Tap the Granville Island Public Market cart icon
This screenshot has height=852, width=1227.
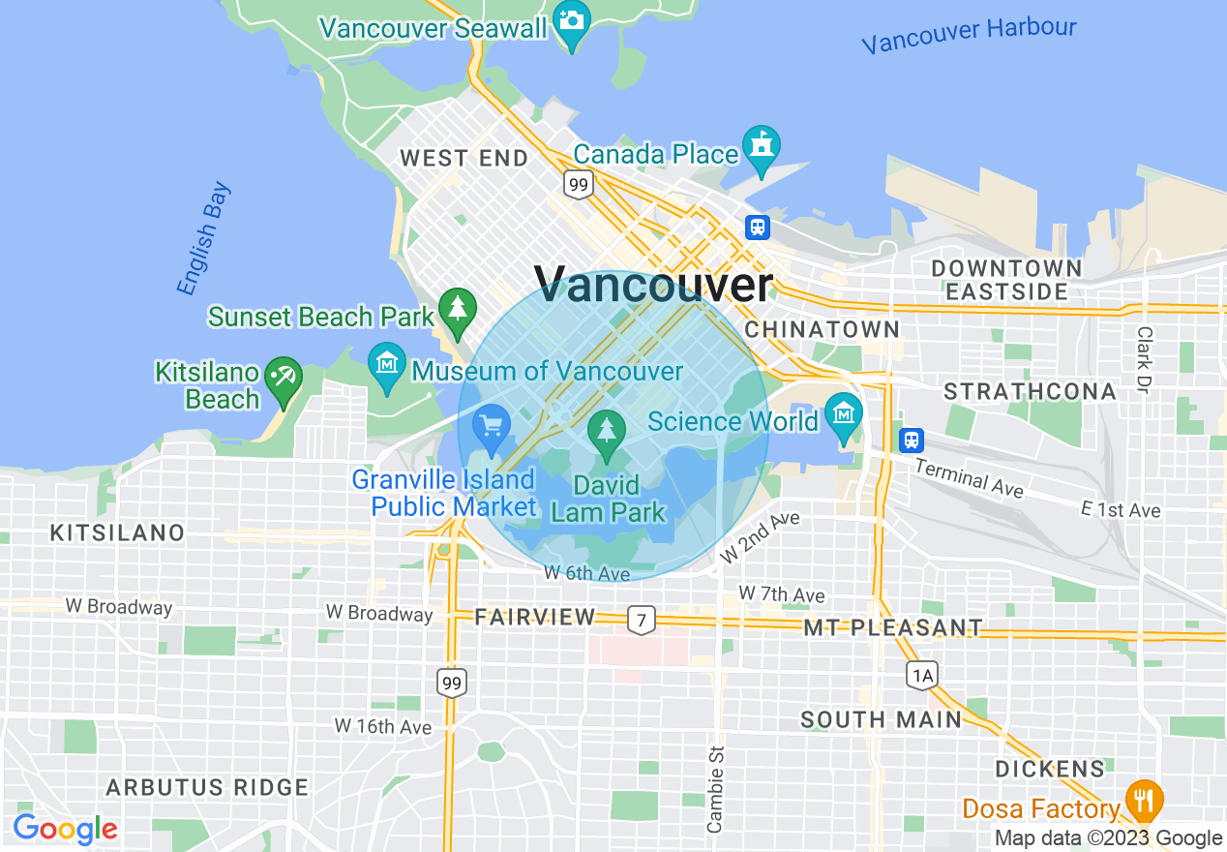(492, 426)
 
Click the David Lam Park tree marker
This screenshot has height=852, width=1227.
(607, 431)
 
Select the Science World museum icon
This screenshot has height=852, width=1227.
(845, 413)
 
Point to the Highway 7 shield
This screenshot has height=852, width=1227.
(641, 619)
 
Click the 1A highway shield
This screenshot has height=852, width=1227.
(922, 675)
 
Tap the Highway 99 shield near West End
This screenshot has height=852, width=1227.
(579, 184)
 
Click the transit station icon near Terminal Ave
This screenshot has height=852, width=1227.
(911, 441)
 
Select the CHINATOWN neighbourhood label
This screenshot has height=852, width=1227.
(823, 329)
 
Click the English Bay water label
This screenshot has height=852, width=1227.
(203, 237)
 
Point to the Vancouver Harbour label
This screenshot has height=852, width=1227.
(969, 35)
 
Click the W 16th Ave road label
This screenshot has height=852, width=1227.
(383, 726)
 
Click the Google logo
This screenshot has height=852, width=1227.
(65, 830)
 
